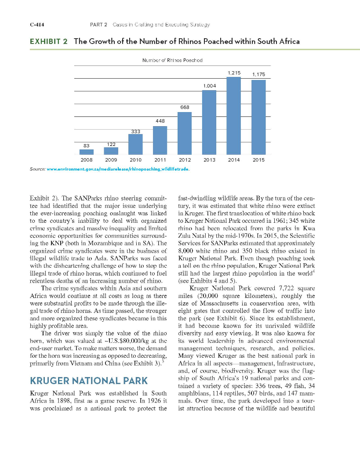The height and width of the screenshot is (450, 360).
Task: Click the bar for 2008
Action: (x=87, y=152)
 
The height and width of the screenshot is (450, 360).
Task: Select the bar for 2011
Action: (x=160, y=140)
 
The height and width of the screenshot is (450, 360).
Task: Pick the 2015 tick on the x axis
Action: (x=258, y=160)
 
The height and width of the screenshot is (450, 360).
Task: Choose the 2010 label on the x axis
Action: (x=135, y=160)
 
